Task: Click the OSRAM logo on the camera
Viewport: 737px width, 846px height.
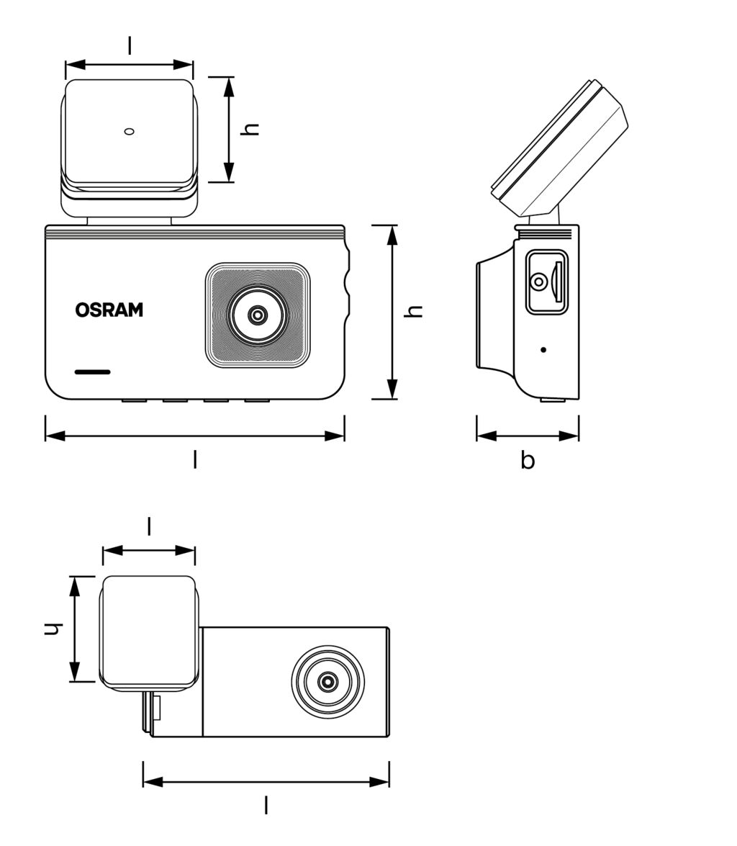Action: click(x=109, y=310)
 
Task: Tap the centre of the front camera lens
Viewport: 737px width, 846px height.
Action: click(x=257, y=315)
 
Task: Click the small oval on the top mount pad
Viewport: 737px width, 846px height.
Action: click(x=130, y=131)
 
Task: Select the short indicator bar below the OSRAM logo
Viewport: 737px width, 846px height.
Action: click(x=93, y=372)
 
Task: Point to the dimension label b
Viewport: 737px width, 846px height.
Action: click(x=528, y=460)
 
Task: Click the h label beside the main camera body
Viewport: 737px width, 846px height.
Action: click(x=414, y=311)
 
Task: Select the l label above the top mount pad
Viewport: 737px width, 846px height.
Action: click(x=130, y=45)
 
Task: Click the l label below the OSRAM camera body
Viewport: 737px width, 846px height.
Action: click(x=194, y=459)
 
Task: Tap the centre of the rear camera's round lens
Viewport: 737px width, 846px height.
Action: click(x=327, y=681)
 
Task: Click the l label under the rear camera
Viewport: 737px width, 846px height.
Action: click(x=266, y=805)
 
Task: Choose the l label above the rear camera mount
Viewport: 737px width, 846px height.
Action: click(x=149, y=527)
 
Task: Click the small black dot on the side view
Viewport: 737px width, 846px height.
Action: click(x=543, y=350)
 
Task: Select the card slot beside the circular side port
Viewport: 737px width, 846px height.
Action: click(x=558, y=282)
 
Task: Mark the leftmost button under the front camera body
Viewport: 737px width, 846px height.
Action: click(x=134, y=400)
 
